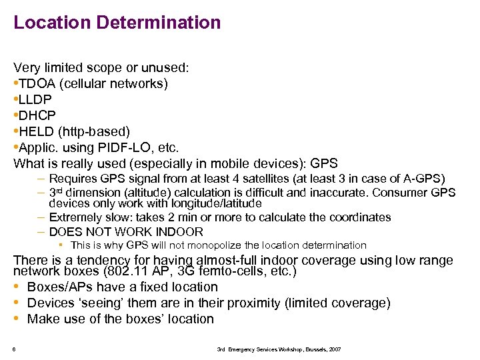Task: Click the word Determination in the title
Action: (158, 22)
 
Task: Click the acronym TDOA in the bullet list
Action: (37, 83)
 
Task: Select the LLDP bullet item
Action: (34, 99)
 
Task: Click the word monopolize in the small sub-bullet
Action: (223, 245)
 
